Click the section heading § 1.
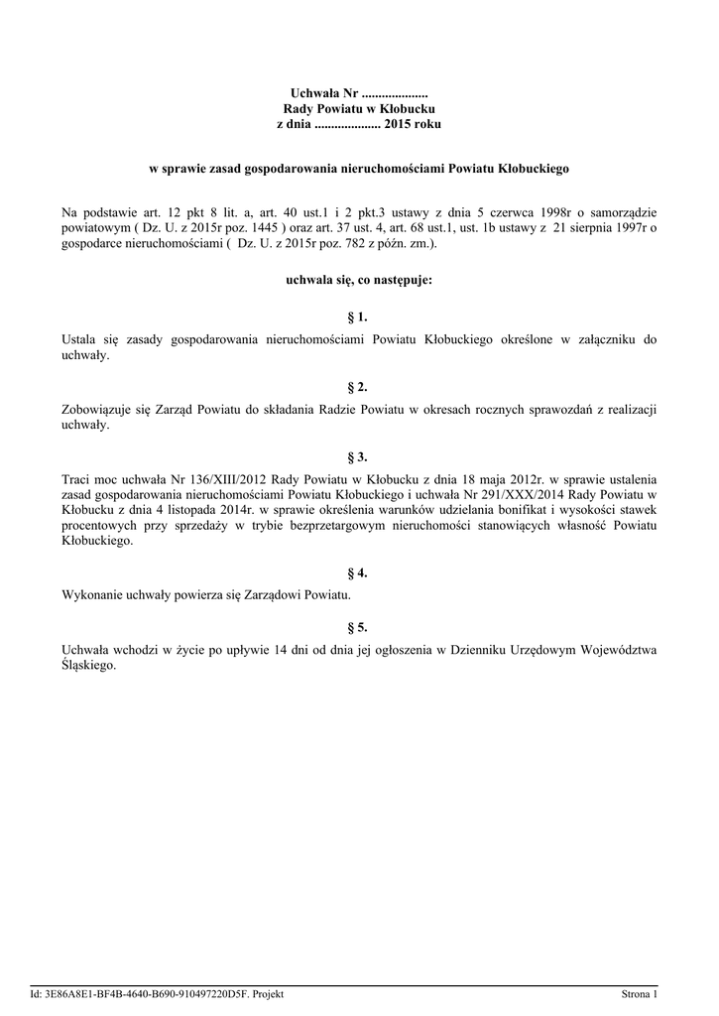(x=359, y=317)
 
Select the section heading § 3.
(x=359, y=457)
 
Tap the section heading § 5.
(x=359, y=627)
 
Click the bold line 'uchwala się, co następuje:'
(x=359, y=281)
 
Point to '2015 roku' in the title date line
(x=413, y=125)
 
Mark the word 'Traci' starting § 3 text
(x=76, y=479)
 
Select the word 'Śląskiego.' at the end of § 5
(x=89, y=666)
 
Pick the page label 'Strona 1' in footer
(x=639, y=994)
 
